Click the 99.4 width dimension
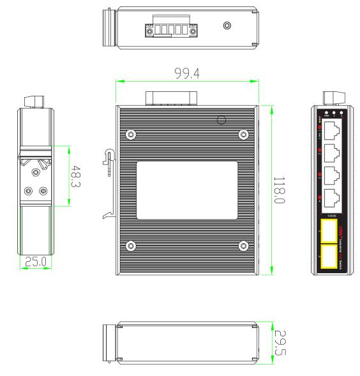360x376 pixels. [x=186, y=74]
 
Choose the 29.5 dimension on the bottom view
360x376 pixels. [x=280, y=343]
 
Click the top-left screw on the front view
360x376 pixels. [x=131, y=135]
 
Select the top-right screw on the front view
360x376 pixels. [x=243, y=135]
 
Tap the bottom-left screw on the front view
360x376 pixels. [x=131, y=246]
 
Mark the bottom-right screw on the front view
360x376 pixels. [x=243, y=246]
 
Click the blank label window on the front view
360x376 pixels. [x=187, y=190]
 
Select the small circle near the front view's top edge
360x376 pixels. [x=222, y=119]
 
